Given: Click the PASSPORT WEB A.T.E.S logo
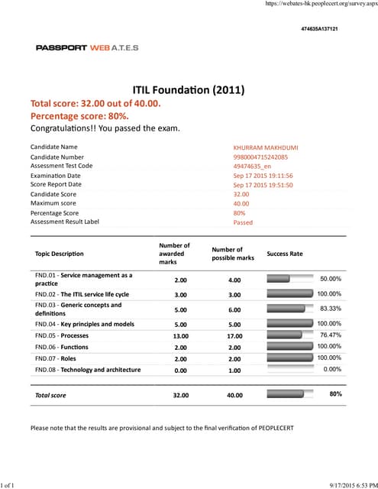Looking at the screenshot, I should point(87,47).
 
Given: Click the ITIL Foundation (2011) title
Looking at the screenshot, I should point(189,90).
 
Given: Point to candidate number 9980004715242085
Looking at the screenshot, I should point(260,157).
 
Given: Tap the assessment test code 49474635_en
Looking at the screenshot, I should point(253,166).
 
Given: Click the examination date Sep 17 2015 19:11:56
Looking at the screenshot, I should point(263,176).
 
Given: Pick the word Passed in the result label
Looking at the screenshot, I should point(243,223).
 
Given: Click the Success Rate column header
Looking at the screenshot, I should point(284,253).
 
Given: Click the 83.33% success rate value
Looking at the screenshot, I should point(330,309).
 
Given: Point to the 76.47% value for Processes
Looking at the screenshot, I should point(330,335).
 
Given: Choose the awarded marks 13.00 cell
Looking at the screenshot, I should point(181,335).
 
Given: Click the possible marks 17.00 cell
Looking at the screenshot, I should point(234,335).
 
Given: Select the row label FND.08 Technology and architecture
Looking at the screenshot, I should point(88,370).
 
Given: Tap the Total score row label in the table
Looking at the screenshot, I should point(50,395).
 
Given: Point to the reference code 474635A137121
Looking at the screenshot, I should point(320,28).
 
